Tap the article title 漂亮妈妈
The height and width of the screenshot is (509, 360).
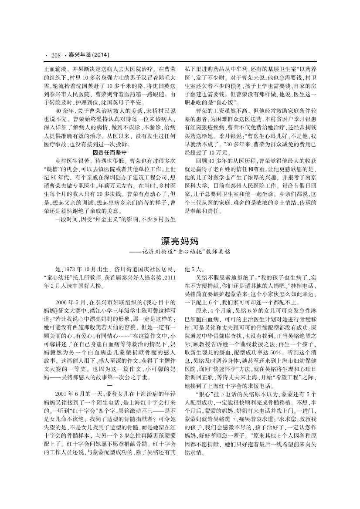coord(180,240)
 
